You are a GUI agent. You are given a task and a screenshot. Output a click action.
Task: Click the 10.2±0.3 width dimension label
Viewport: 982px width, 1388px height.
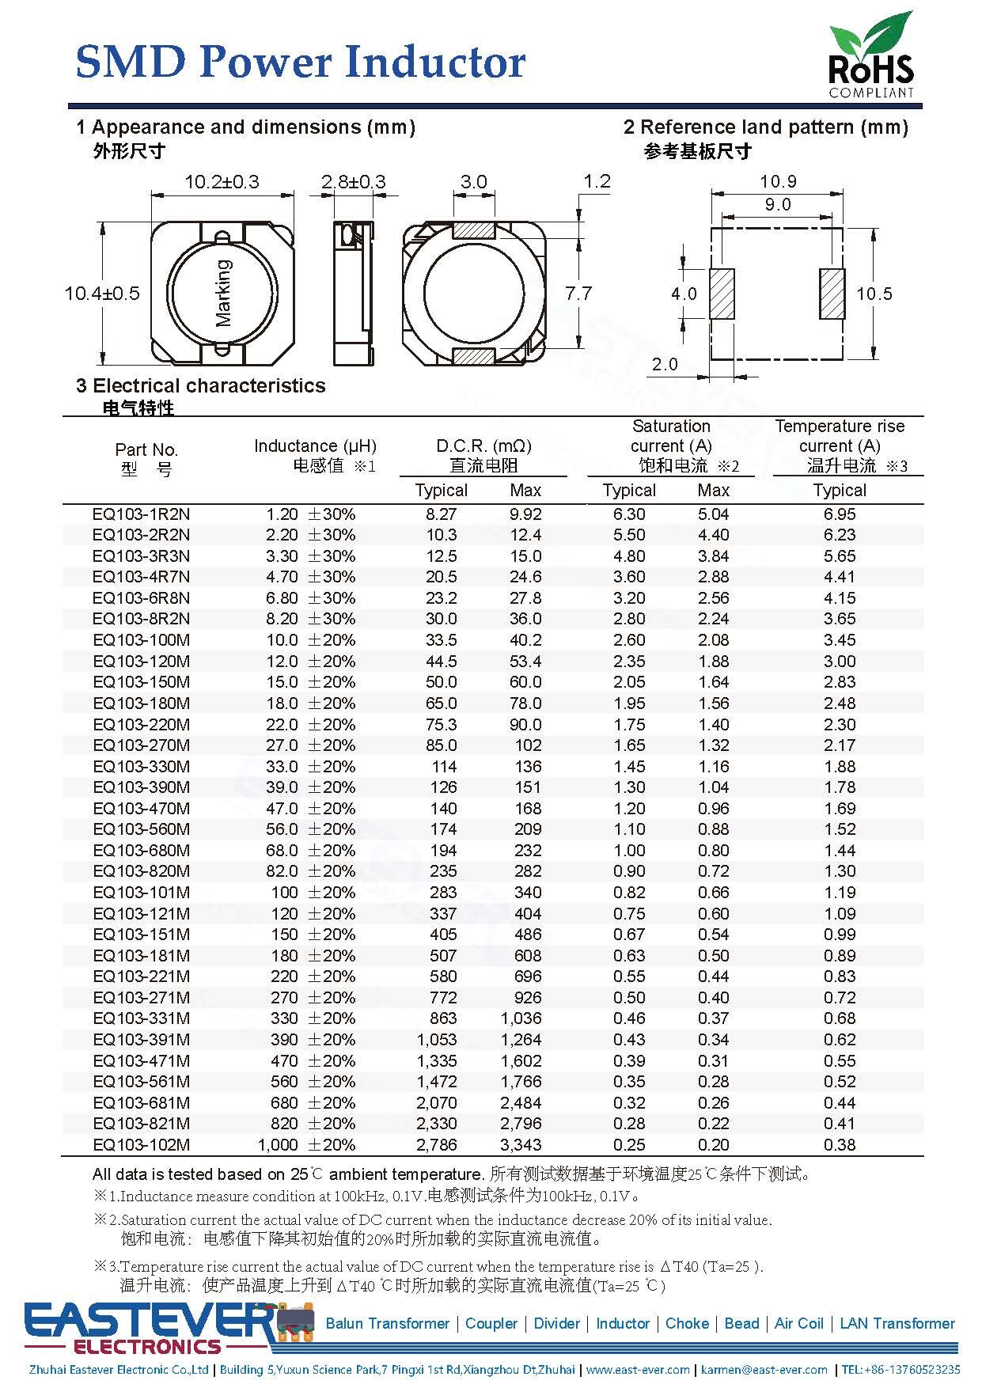(222, 182)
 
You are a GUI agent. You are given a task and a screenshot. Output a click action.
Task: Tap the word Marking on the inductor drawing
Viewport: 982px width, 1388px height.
(225, 293)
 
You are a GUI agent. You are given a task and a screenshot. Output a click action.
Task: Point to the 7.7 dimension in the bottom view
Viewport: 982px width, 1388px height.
(578, 294)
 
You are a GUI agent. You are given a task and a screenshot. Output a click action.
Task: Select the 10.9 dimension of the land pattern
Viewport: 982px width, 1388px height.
(777, 181)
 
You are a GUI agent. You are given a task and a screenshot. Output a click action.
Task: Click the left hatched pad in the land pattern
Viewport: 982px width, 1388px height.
(722, 294)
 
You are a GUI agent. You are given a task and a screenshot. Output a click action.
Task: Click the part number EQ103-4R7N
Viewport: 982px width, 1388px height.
(141, 577)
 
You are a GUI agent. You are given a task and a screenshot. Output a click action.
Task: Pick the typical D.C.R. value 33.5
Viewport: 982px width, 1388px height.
(442, 640)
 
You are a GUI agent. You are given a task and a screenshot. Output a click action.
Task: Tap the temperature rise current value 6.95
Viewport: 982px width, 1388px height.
(840, 514)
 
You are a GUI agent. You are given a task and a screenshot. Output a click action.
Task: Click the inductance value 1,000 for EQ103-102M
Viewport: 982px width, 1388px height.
(278, 1145)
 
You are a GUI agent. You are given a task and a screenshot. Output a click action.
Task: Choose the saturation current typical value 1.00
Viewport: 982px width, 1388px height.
(629, 851)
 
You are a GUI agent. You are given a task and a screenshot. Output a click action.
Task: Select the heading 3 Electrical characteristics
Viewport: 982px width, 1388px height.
(201, 385)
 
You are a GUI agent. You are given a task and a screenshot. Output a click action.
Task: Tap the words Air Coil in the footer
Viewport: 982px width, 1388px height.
(798, 1323)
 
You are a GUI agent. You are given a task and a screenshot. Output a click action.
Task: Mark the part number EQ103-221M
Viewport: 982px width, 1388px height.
(141, 977)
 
